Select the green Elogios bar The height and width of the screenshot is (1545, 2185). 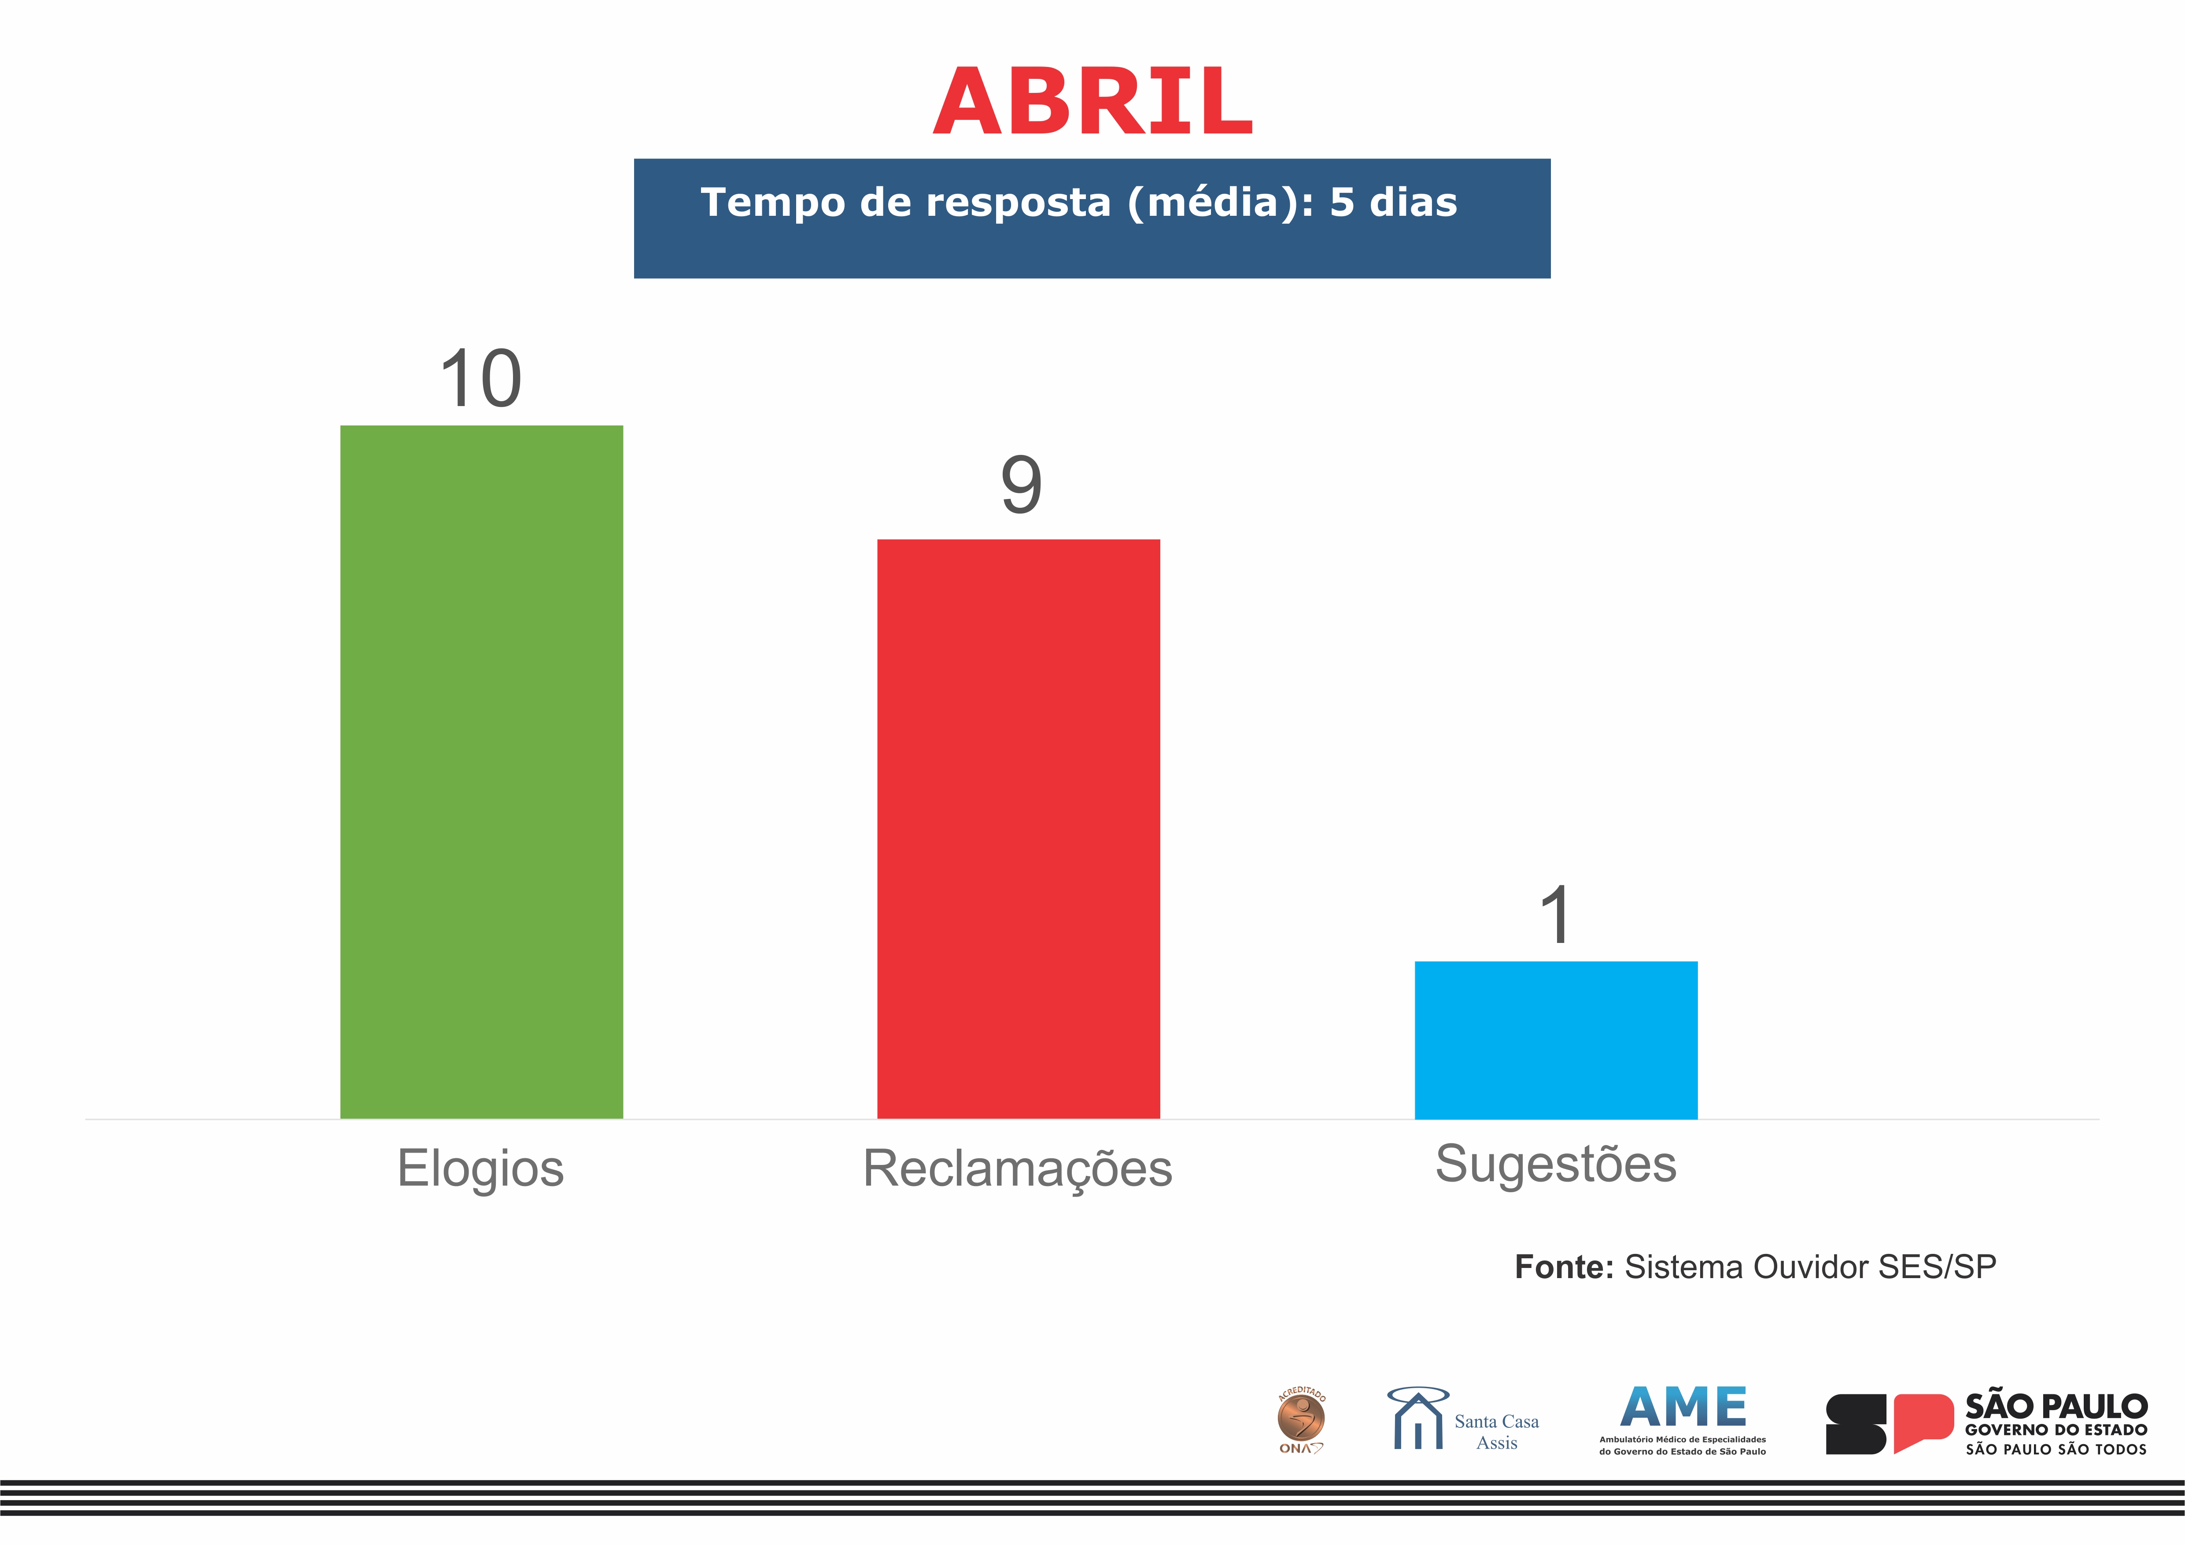tap(482, 772)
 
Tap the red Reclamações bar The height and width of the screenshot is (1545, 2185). tap(1018, 829)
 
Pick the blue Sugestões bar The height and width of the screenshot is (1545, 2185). tap(1556, 1040)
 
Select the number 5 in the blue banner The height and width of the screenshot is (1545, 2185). tap(1342, 202)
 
